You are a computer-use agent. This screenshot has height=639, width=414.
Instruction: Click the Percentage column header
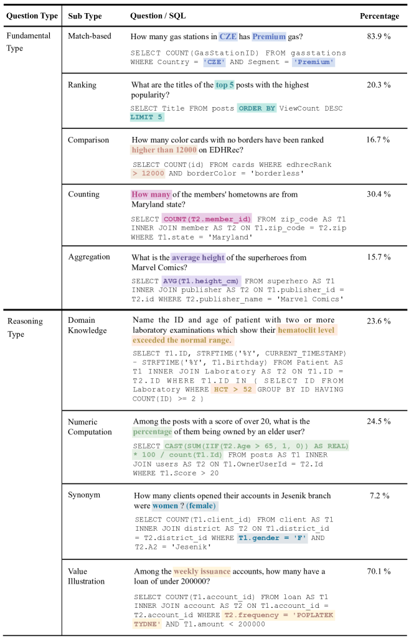(x=380, y=16)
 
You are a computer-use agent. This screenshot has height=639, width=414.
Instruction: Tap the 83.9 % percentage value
(x=379, y=36)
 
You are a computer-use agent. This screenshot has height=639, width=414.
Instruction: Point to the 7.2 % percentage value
(x=379, y=496)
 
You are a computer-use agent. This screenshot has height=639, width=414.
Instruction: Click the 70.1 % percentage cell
(x=379, y=571)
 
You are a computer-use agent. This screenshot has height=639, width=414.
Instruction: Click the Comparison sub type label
(x=88, y=140)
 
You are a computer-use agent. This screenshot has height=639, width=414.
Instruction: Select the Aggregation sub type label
(x=89, y=256)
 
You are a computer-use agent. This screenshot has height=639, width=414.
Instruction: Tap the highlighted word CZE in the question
(x=228, y=37)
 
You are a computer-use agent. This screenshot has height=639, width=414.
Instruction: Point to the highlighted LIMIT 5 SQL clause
(x=147, y=117)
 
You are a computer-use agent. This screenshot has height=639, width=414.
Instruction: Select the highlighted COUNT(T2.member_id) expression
(x=207, y=219)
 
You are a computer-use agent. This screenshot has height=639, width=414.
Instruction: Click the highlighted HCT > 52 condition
(x=228, y=389)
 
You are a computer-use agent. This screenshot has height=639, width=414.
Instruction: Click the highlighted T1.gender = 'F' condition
(x=272, y=538)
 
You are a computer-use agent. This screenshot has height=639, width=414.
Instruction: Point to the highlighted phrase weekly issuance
(x=202, y=571)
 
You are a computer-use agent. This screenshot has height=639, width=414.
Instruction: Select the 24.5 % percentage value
(x=379, y=421)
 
